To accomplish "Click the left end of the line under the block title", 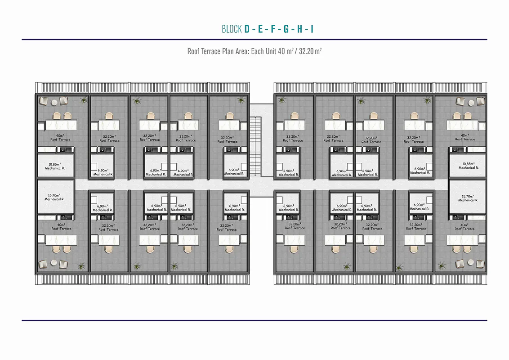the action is point(22,39).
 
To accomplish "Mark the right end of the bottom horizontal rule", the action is point(487,320).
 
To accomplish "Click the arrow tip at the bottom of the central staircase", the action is point(255,176).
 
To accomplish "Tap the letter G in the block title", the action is point(286,29).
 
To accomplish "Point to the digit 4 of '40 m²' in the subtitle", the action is point(280,51).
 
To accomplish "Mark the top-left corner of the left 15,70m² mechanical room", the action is point(38,180).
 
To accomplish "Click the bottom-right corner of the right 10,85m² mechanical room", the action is point(486,177).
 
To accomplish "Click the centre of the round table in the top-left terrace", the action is point(54,102).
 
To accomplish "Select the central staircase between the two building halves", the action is point(255,146).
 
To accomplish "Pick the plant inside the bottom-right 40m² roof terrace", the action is point(442,266).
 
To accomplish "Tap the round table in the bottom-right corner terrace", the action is point(471,262).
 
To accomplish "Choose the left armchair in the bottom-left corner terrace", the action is point(43,264).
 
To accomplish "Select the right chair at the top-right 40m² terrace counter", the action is point(468,116).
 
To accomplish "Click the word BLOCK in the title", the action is point(232,29).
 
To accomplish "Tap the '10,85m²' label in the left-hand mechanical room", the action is point(54,164).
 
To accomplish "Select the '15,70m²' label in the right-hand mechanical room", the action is point(468,196).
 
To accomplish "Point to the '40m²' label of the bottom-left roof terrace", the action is point(61,225).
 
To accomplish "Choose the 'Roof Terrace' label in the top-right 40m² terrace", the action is point(465,139).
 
